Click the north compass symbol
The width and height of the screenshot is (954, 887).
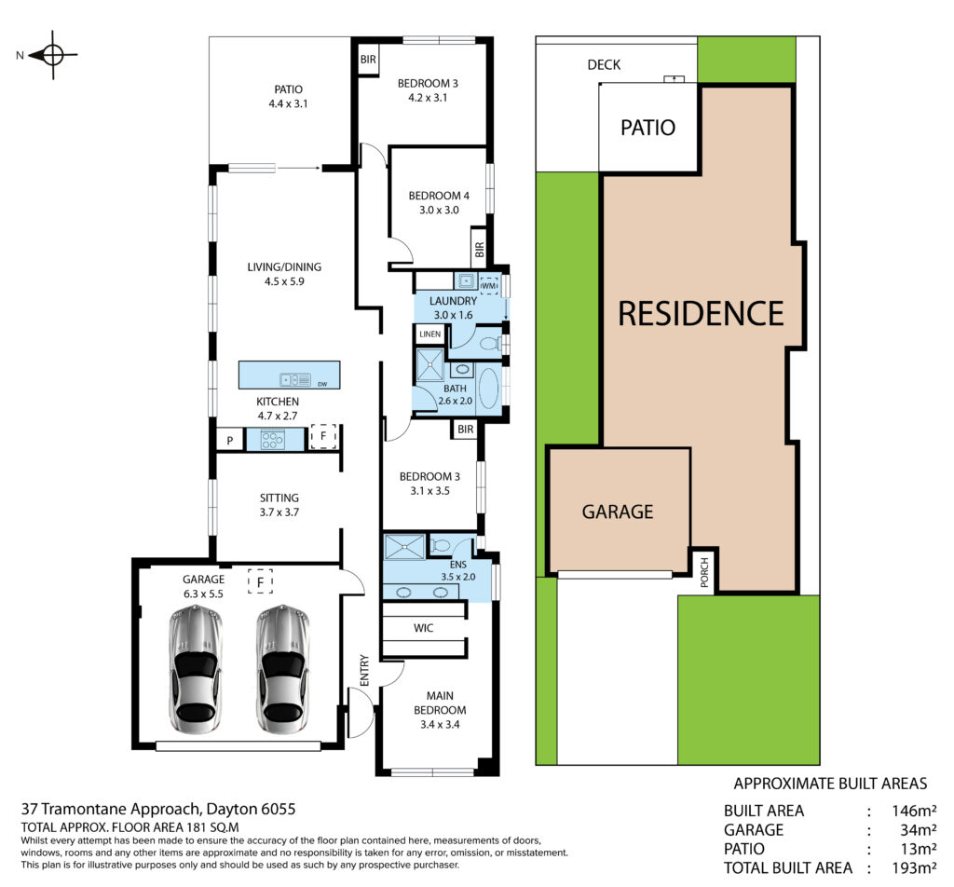click(x=52, y=55)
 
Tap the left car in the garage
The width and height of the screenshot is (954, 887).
click(x=196, y=669)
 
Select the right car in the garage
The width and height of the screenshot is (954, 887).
click(x=283, y=669)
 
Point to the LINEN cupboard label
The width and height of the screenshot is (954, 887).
click(x=430, y=334)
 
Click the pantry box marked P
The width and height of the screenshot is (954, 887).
click(x=230, y=440)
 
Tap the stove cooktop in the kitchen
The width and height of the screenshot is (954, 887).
click(x=272, y=440)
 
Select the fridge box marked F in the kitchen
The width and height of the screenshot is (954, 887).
click(x=323, y=436)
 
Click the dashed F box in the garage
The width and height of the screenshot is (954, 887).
click(x=261, y=581)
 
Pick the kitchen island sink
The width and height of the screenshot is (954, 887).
click(x=295, y=379)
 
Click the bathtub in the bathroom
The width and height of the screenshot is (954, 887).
click(x=488, y=389)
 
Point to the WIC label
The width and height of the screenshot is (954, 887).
click(x=424, y=628)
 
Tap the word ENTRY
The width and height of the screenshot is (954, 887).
click(x=364, y=671)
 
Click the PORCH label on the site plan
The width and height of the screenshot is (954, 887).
click(x=704, y=572)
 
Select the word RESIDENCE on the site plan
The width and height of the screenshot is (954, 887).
click(x=701, y=313)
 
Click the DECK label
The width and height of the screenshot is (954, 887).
click(x=604, y=65)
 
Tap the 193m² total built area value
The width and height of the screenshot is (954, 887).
click(x=914, y=867)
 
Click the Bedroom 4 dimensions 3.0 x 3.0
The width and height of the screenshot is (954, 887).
click(x=439, y=210)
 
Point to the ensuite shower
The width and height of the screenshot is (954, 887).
click(x=405, y=546)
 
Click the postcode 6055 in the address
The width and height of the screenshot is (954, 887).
click(x=278, y=809)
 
